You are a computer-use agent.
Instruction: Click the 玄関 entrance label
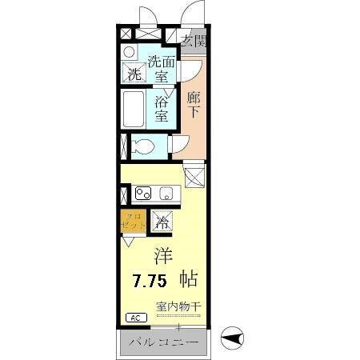click(192, 41)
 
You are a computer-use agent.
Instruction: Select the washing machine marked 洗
click(134, 74)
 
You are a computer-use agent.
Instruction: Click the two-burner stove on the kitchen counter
click(143, 193)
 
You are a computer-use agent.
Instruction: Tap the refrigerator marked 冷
click(162, 222)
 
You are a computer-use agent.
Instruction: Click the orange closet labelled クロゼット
click(133, 221)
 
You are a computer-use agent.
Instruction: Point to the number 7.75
click(150, 281)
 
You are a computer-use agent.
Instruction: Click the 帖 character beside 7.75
click(189, 280)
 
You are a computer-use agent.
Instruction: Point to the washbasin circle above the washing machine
click(130, 52)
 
